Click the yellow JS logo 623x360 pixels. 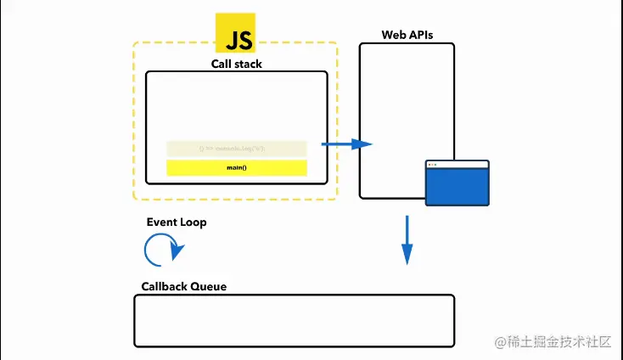(238, 34)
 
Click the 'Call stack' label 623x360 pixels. (236, 64)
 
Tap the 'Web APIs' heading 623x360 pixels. (407, 36)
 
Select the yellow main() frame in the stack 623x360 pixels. (237, 167)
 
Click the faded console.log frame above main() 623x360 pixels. (237, 149)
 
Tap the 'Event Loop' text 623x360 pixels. (176, 222)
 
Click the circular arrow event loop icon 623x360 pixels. (161, 250)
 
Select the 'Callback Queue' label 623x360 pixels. (183, 287)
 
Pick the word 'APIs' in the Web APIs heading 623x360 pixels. (419, 36)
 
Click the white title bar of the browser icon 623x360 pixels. (457, 164)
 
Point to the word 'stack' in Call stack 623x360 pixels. (247, 64)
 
